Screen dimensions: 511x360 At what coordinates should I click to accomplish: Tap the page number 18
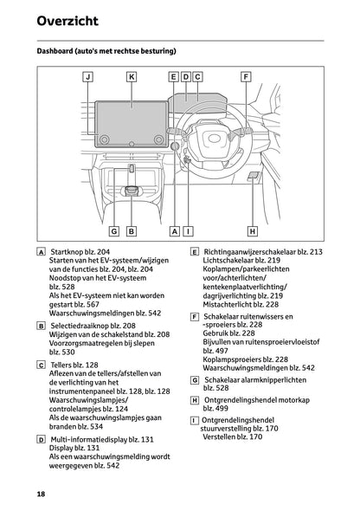pyautogui.click(x=41, y=493)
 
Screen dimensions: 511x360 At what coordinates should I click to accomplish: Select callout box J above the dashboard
pyautogui.click(x=87, y=77)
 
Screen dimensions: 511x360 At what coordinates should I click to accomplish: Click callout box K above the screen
pyautogui.click(x=131, y=77)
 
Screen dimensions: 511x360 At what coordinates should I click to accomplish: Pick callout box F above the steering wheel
pyautogui.click(x=246, y=77)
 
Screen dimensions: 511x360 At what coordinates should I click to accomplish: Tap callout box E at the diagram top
pyautogui.click(x=174, y=77)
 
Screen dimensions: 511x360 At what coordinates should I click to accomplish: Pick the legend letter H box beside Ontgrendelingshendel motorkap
pyautogui.click(x=195, y=400)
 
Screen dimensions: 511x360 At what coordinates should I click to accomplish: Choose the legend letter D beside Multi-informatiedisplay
pyautogui.click(x=42, y=440)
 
